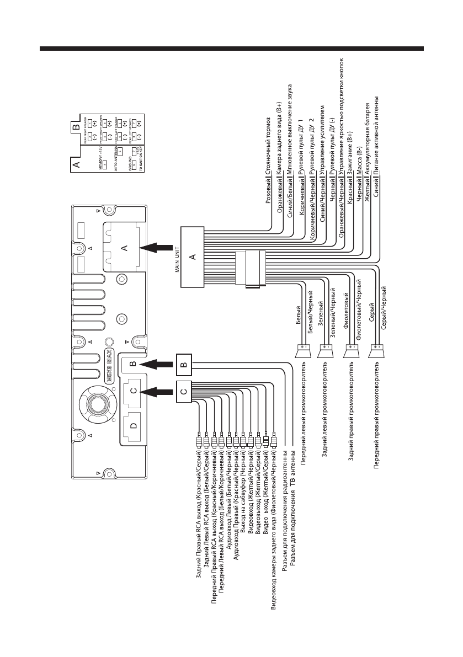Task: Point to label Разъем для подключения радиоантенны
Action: click(284, 516)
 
